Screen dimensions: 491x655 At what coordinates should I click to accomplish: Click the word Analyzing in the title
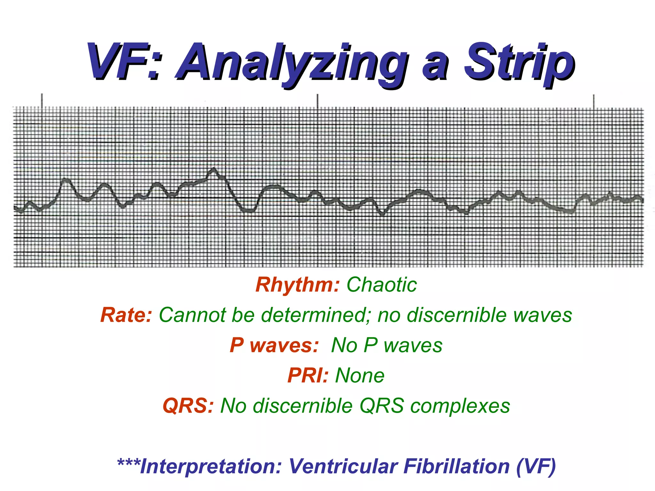point(293,62)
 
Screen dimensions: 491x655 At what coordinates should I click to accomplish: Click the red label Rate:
point(126,315)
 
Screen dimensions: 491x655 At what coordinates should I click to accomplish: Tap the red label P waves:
point(274,345)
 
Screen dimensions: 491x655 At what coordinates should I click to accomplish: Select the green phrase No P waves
point(387,345)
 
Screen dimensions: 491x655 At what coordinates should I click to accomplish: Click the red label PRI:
point(308,375)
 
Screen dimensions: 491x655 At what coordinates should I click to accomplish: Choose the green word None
point(360,375)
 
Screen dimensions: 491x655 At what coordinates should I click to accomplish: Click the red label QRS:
point(188,406)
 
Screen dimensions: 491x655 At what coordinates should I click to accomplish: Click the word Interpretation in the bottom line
point(211,466)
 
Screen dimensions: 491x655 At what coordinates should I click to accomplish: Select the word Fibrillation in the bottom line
point(456,466)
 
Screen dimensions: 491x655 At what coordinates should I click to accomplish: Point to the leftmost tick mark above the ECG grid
point(42,100)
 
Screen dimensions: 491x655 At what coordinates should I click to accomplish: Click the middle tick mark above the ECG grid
point(318,101)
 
